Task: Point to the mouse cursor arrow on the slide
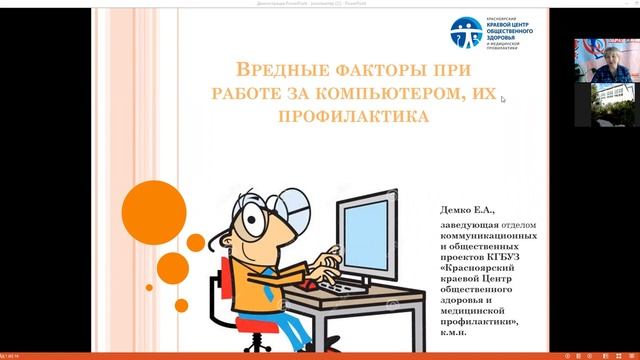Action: [x=503, y=98]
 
